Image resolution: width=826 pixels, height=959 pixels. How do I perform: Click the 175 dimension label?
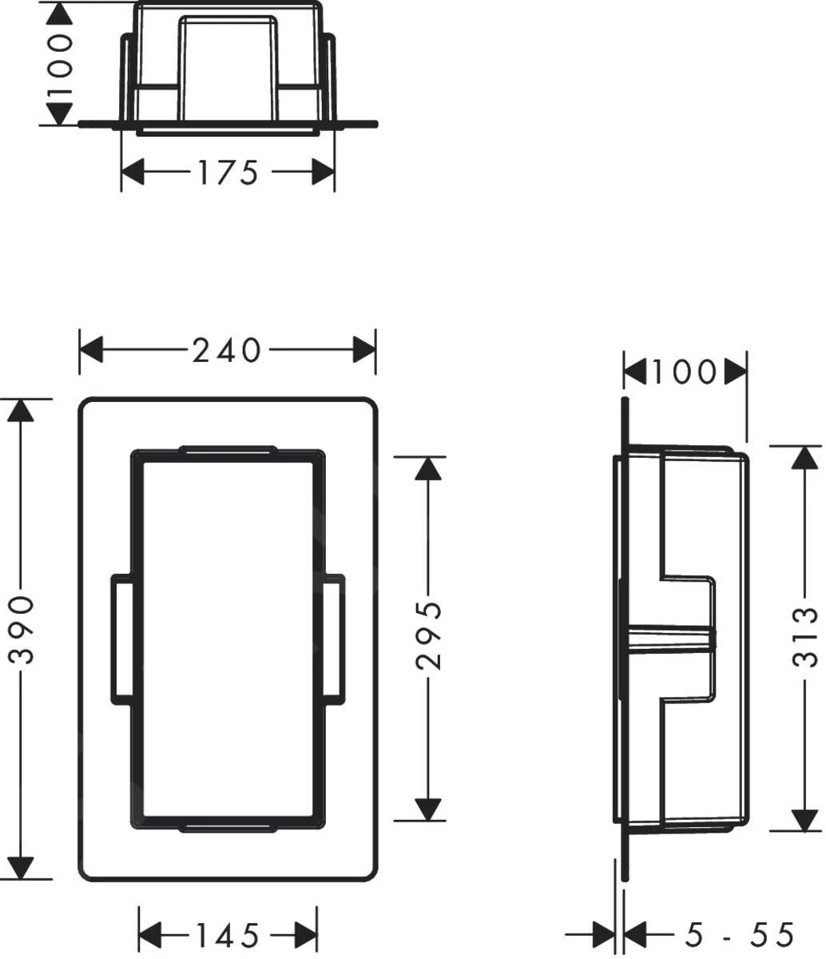coord(228,172)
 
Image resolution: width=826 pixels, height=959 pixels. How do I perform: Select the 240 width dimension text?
coord(227,349)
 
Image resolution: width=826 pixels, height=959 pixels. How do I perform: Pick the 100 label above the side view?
coord(685,371)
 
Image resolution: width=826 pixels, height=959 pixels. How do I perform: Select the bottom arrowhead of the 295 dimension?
coord(429,810)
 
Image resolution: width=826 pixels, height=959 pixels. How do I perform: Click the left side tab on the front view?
coord(121,639)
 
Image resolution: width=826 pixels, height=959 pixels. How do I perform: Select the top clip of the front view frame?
coord(228,452)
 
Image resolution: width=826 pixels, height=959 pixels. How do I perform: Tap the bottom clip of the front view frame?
coord(228,826)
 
